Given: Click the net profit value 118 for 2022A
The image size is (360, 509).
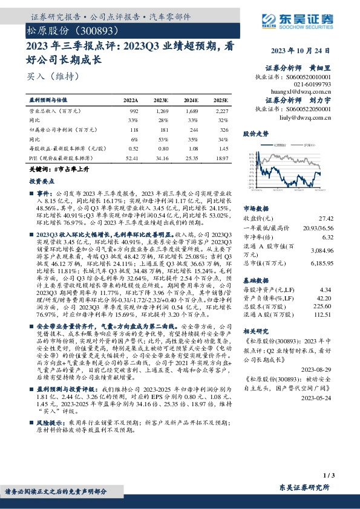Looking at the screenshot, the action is tap(134, 129).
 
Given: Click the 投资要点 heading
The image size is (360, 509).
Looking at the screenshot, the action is tap(41, 180).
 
